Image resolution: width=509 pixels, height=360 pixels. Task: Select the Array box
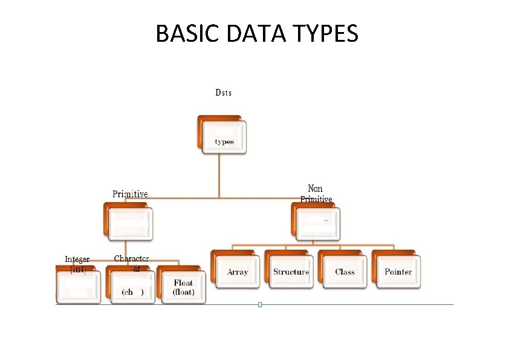(x=238, y=271)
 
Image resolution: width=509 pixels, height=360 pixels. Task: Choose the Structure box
(x=291, y=271)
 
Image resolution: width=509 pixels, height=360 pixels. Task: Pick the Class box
(x=345, y=271)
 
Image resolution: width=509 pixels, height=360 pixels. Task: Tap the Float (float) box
(x=183, y=287)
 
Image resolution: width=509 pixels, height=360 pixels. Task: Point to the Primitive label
(x=130, y=194)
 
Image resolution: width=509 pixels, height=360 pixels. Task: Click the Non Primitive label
(x=316, y=194)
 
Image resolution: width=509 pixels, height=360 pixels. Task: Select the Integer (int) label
(x=77, y=264)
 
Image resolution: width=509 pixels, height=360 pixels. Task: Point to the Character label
(x=132, y=258)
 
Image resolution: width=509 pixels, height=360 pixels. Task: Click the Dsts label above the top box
(x=223, y=93)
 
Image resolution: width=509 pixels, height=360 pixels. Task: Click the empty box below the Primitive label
(x=129, y=224)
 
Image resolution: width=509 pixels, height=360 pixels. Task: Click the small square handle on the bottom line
(x=260, y=304)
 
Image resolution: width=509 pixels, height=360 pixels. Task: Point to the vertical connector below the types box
(x=219, y=175)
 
